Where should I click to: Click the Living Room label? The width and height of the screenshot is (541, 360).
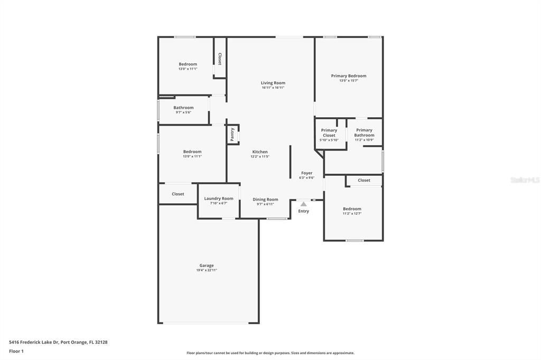tap(273, 83)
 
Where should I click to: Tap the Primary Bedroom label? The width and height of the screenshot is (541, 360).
tap(349, 76)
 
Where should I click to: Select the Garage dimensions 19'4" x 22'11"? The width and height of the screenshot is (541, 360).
tap(207, 270)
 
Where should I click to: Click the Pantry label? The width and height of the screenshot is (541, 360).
tap(232, 134)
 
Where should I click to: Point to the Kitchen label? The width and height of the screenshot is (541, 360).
tap(260, 152)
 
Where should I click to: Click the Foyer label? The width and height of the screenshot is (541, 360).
tap(307, 173)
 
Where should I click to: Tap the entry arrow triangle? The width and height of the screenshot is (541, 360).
tap(303, 203)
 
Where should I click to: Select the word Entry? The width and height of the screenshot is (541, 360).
tap(303, 211)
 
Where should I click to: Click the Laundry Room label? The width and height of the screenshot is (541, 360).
tap(219, 198)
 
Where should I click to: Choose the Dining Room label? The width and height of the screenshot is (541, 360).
tap(265, 200)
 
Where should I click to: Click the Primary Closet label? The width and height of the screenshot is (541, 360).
tap(329, 132)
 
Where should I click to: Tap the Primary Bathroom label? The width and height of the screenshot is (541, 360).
tap(364, 132)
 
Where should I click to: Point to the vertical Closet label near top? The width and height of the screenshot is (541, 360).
tap(220, 59)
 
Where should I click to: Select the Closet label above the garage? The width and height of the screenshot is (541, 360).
tap(178, 194)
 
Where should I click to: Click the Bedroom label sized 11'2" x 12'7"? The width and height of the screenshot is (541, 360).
tap(352, 209)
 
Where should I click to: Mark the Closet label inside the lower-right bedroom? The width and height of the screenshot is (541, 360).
tap(364, 181)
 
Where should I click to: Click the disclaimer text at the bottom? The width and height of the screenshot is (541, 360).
tap(270, 353)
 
